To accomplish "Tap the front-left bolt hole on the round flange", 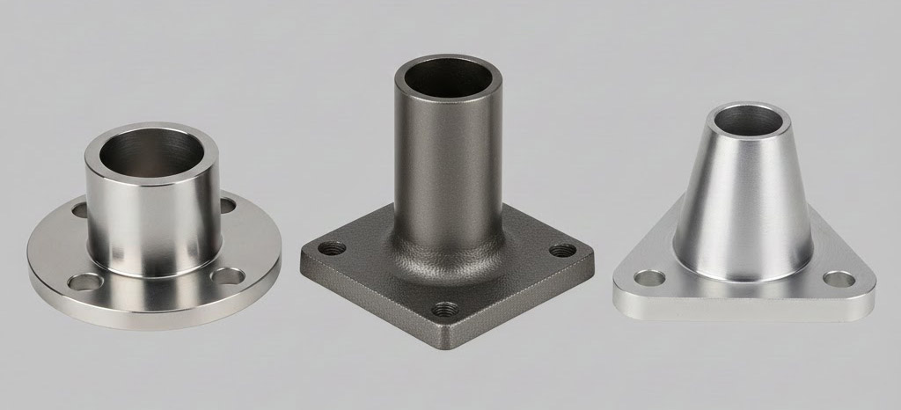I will point(85,282).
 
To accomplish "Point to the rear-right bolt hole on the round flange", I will point(228,206).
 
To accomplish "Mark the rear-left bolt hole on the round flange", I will point(80,210).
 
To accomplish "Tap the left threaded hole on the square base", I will point(330,249).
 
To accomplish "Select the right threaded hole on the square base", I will point(562,250).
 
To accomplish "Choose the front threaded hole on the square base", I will point(445,309).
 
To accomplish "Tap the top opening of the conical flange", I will point(751,118).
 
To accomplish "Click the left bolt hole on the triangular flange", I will point(649,278).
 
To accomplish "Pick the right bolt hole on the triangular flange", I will point(839,279).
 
